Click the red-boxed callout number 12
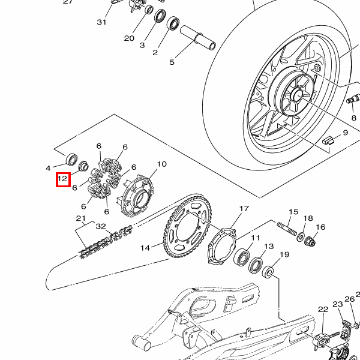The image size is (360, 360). [62, 179]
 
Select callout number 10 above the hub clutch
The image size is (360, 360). [161, 164]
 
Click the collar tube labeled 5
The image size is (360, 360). [198, 38]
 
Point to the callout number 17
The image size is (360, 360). [244, 208]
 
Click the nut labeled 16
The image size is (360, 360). [310, 241]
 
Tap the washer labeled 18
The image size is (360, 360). [301, 237]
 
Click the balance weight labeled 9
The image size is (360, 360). [329, 140]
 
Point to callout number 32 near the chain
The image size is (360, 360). [101, 226]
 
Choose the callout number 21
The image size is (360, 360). [81, 218]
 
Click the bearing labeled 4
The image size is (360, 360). [71, 160]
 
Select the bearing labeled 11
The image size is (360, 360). [242, 257]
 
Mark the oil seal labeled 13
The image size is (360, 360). [256, 265]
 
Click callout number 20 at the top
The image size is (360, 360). [129, 38]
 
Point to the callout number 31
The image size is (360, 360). [101, 22]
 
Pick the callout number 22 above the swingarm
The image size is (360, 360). [323, 310]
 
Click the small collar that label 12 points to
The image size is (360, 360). [83, 166]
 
